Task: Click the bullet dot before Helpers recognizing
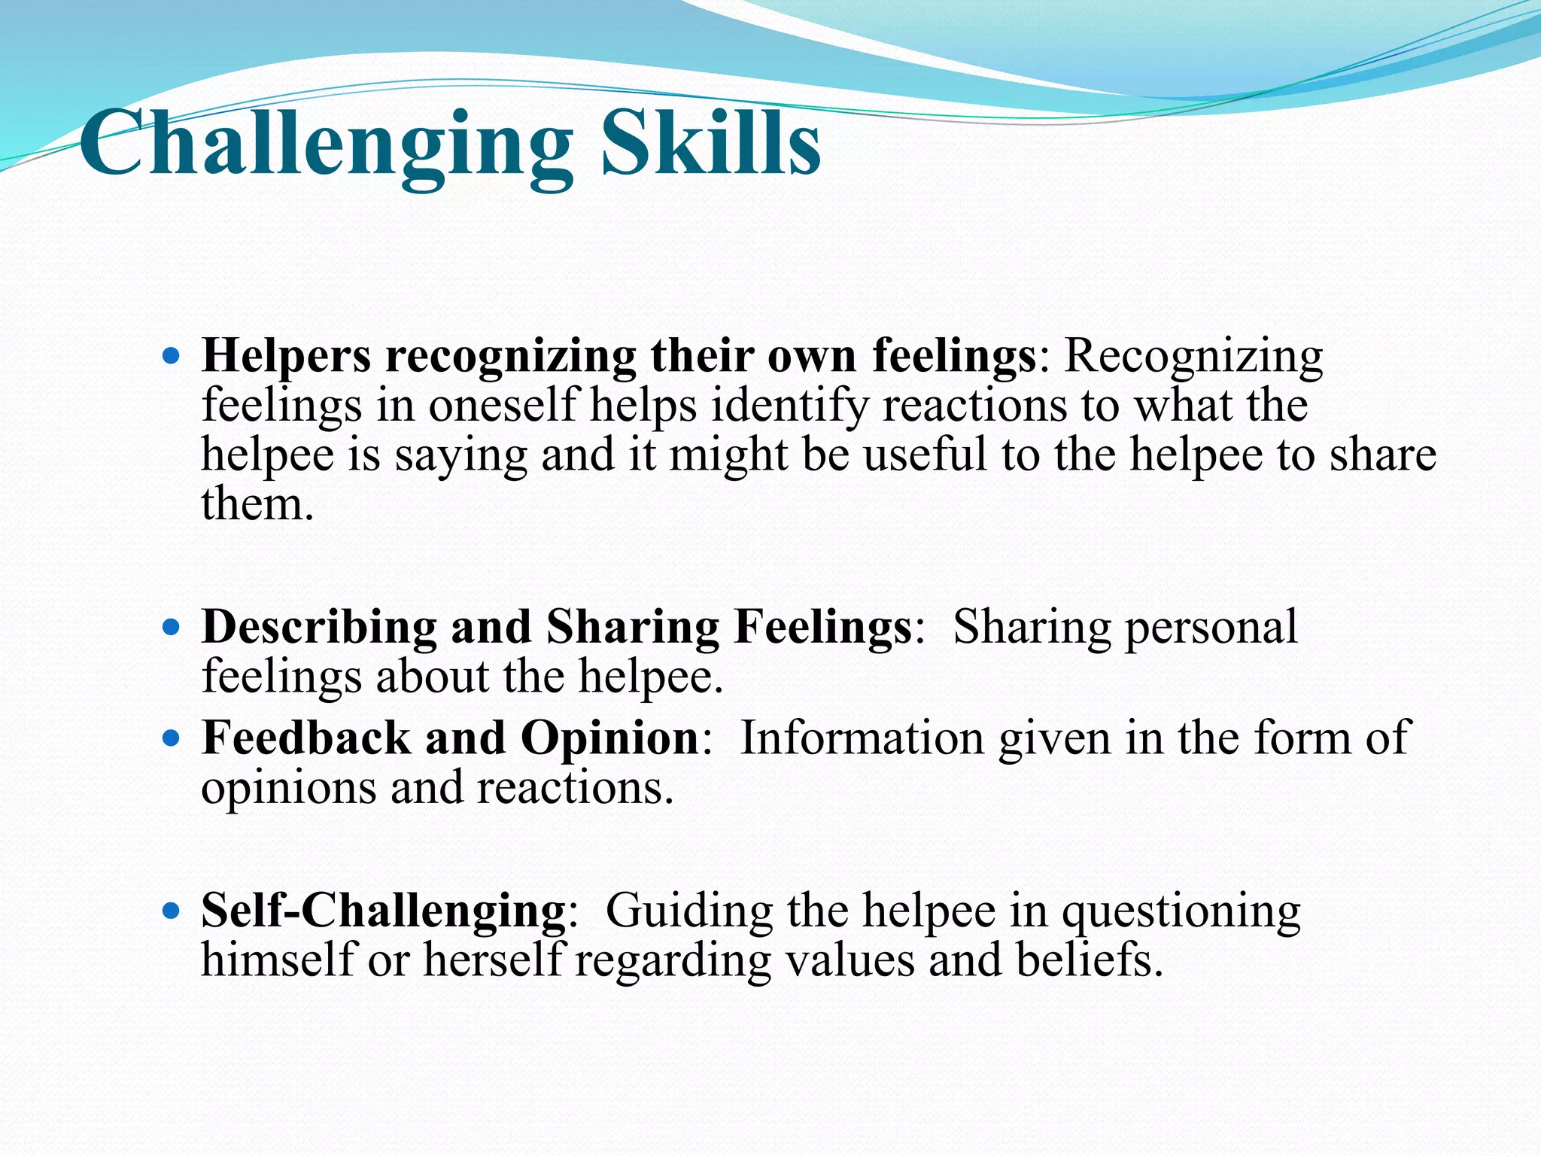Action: pos(172,355)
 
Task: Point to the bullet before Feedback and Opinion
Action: pos(172,738)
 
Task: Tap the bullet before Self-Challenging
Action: pos(172,911)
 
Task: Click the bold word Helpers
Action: pos(286,355)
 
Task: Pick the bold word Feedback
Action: pos(305,738)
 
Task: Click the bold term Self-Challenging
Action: pos(383,911)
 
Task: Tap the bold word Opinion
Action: pos(610,738)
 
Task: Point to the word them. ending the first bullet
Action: pos(257,504)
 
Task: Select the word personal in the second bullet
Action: pos(1211,628)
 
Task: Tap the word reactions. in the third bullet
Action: pos(575,789)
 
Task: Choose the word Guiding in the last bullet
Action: pos(688,911)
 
